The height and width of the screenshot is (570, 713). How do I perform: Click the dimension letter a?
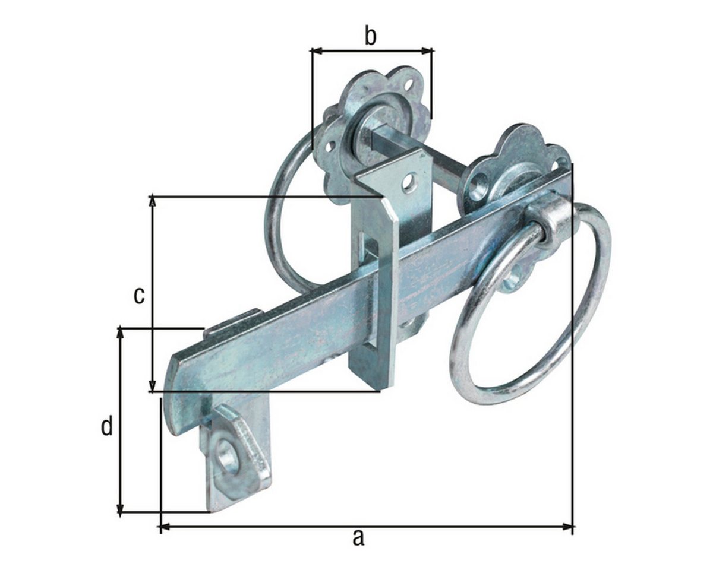(x=358, y=537)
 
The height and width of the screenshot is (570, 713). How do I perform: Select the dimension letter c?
(x=139, y=296)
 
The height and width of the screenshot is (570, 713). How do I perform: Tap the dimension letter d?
(x=107, y=427)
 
